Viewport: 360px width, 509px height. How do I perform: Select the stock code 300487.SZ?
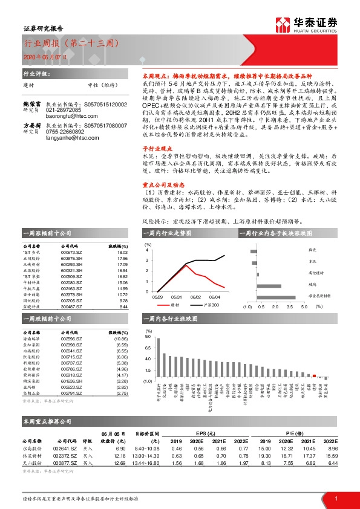click(71, 307)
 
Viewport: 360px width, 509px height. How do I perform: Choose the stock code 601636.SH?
click(71, 381)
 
